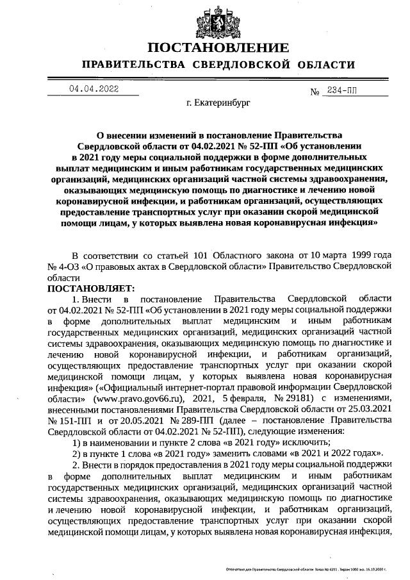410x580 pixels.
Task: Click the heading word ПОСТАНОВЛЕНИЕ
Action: coord(218,49)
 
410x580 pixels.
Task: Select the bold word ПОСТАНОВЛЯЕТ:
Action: coord(88,289)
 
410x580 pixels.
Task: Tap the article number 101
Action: coord(193,255)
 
